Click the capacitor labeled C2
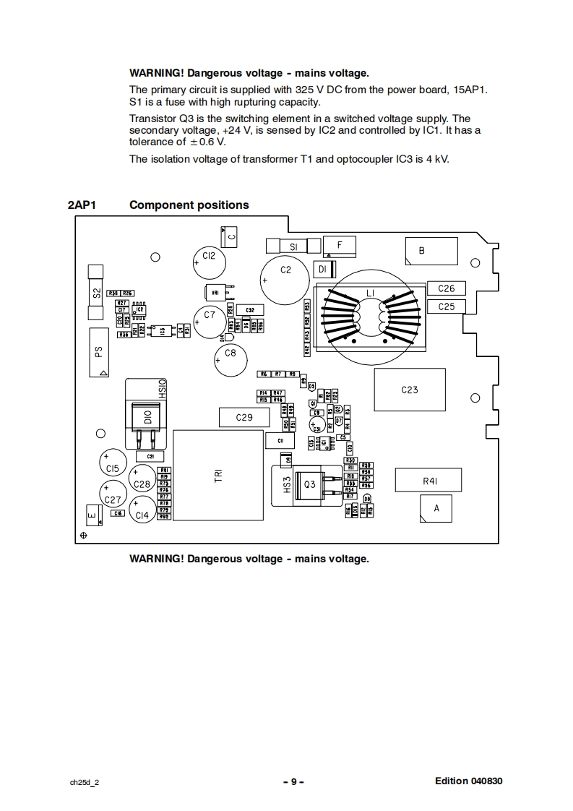coord(285,280)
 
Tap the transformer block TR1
coord(218,475)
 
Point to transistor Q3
coord(310,484)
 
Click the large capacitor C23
coord(409,390)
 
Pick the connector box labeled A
coord(436,508)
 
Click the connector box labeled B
coord(430,251)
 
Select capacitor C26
coord(447,288)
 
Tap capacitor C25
coord(447,306)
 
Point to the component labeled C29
coord(244,418)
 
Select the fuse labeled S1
coord(293,246)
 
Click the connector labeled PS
coord(99,352)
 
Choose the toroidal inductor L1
coord(370,313)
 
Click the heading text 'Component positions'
coord(189,205)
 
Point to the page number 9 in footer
coord(293,781)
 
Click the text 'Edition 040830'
coord(468,781)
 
